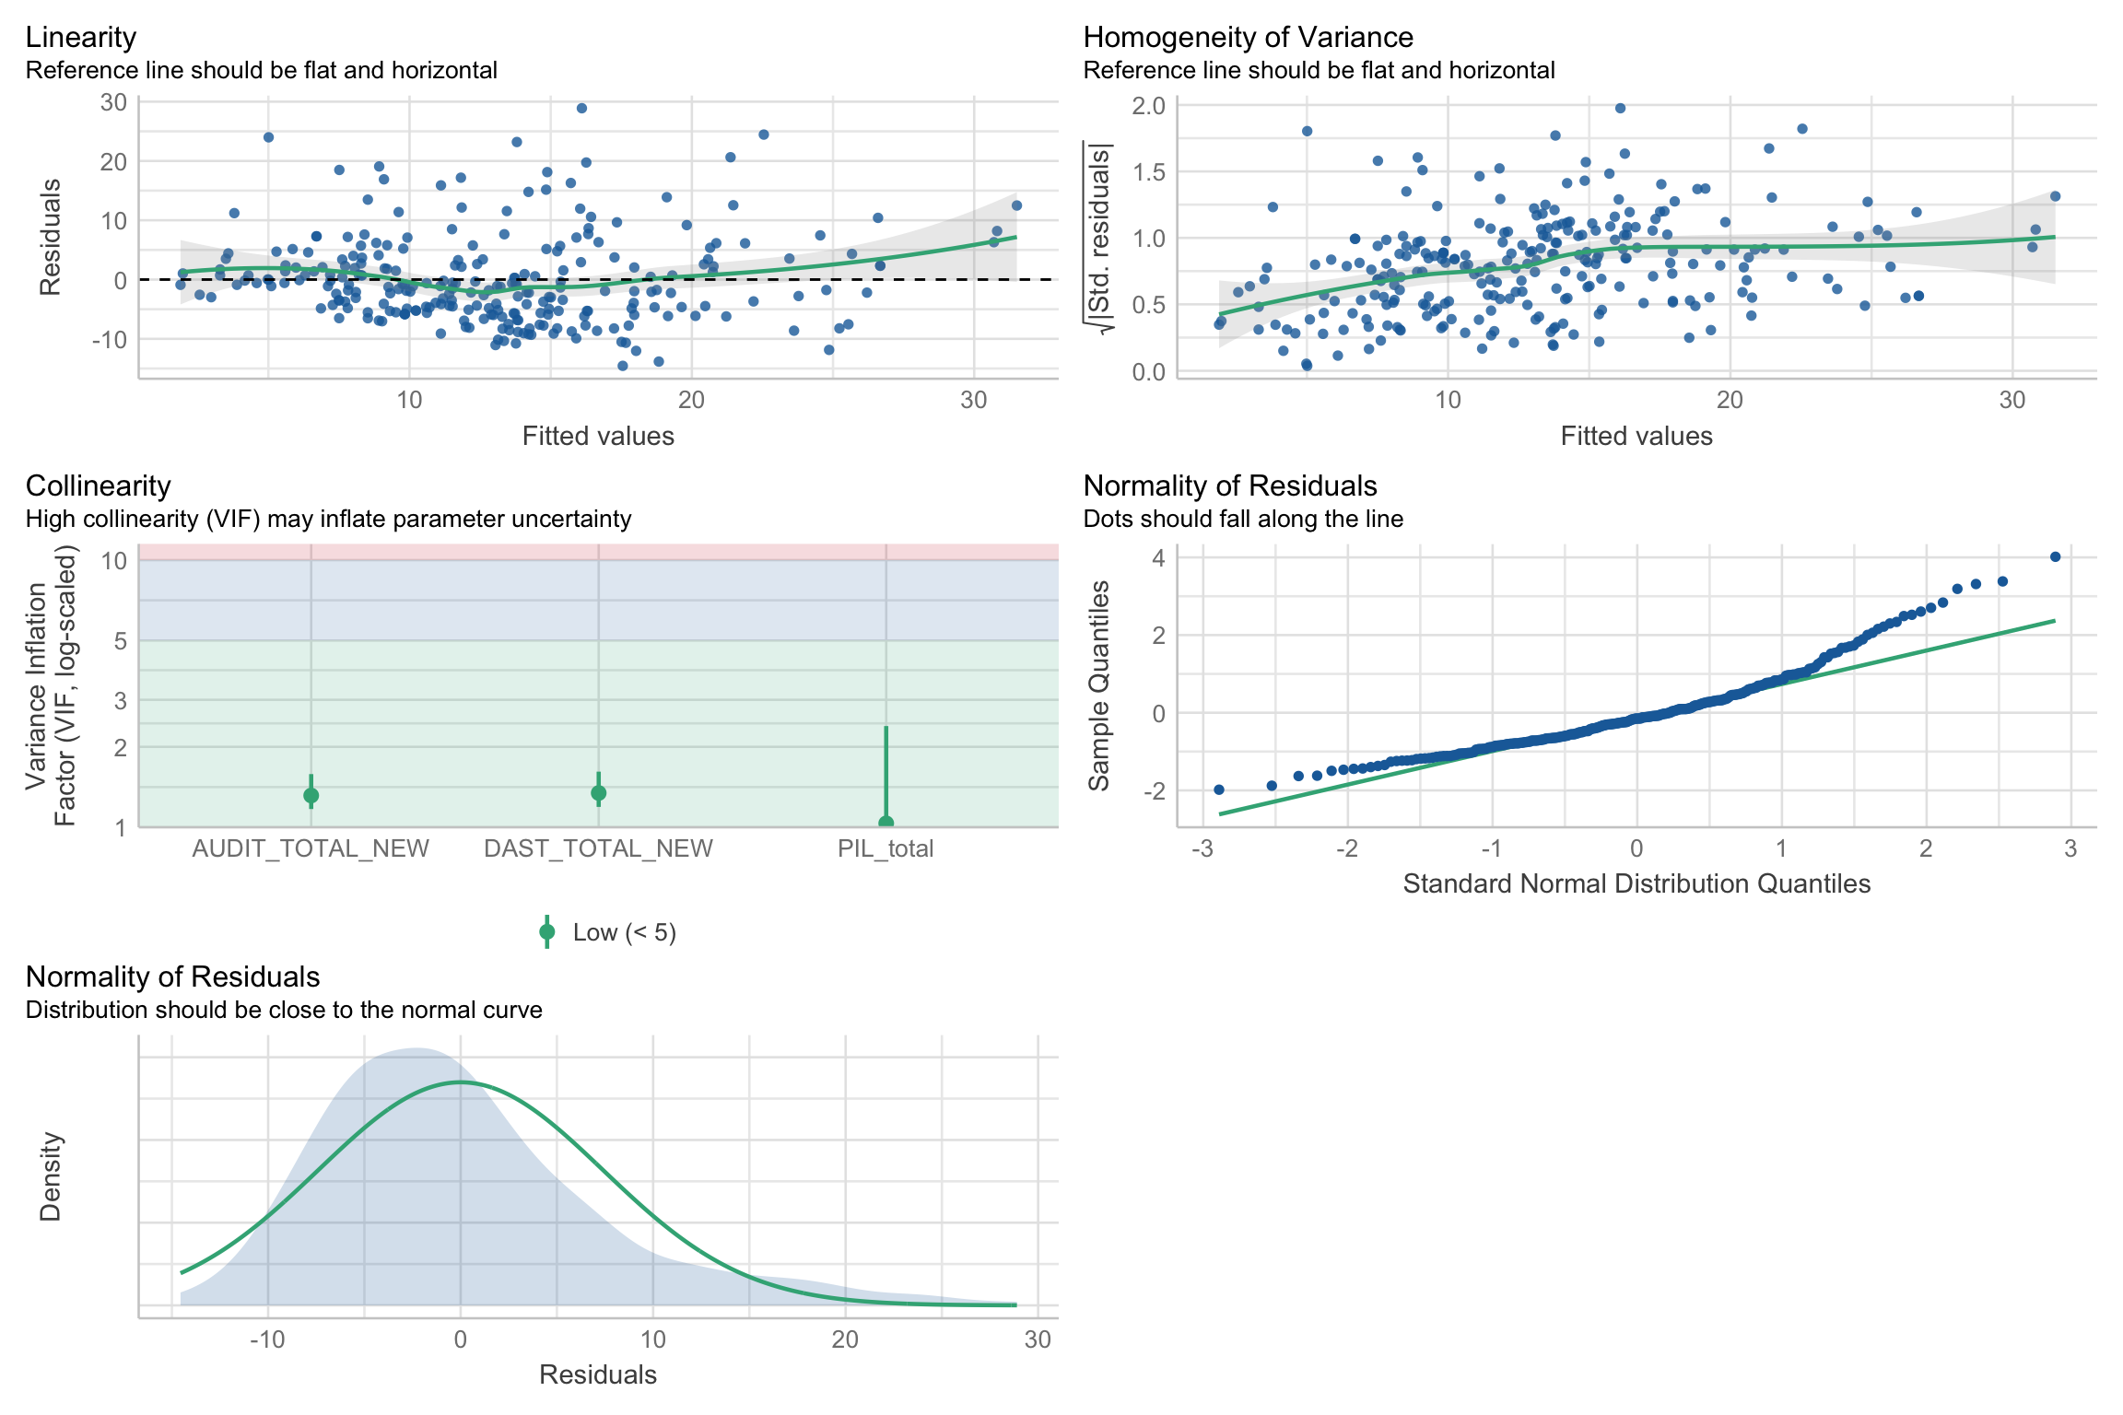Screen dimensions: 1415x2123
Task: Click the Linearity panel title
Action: click(x=81, y=37)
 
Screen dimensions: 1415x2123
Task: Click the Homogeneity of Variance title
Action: click(x=1248, y=37)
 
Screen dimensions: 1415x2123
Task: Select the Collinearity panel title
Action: click(x=99, y=485)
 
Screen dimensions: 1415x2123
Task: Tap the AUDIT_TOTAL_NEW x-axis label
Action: click(x=311, y=848)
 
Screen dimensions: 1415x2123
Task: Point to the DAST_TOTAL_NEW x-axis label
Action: click(x=598, y=848)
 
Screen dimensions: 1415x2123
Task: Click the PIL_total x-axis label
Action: click(x=886, y=848)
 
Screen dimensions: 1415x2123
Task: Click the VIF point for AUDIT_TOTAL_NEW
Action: click(x=311, y=795)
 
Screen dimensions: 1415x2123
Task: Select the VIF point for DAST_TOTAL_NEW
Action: click(x=599, y=792)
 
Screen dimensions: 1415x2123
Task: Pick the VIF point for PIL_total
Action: click(x=886, y=823)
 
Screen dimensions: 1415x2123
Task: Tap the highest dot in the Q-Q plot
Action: click(x=2055, y=556)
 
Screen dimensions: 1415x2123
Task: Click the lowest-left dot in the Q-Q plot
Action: click(x=1219, y=789)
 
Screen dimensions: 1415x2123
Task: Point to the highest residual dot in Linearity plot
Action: click(x=581, y=108)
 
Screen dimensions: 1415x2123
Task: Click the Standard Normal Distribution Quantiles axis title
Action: click(x=1636, y=883)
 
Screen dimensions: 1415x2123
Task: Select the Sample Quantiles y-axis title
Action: click(x=1098, y=685)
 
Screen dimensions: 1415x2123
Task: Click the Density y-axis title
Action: click(x=50, y=1176)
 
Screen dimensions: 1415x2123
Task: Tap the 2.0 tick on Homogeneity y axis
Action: click(x=1148, y=106)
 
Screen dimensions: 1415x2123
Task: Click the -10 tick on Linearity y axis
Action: click(x=109, y=340)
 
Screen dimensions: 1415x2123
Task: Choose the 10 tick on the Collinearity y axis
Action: click(x=113, y=560)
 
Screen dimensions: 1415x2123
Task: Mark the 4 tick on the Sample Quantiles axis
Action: click(x=1158, y=557)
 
